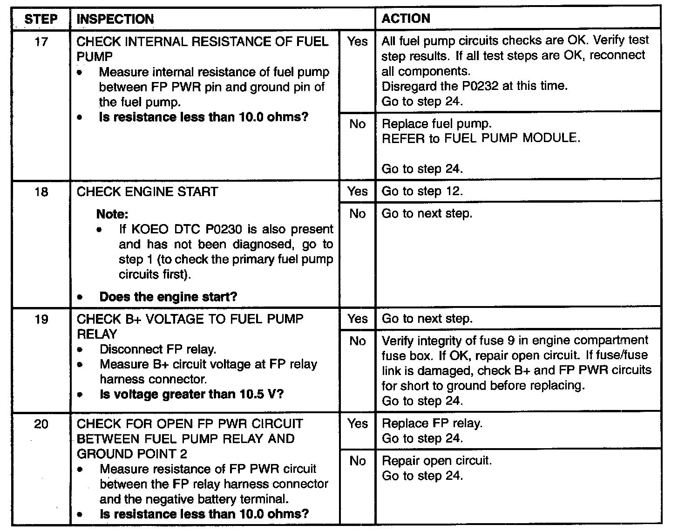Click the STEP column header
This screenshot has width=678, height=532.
(41, 19)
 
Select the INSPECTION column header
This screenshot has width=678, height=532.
(115, 19)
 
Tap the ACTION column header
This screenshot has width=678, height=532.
(406, 19)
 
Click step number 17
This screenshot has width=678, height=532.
(41, 42)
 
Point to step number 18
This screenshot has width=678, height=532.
(41, 192)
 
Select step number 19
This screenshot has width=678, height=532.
(41, 319)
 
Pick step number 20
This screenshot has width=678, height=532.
(41, 424)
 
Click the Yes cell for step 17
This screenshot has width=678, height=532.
(357, 41)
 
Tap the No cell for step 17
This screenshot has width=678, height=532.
(357, 124)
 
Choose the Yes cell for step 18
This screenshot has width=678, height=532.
(357, 191)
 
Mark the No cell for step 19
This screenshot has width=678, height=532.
(357, 341)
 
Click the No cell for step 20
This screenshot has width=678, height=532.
(357, 461)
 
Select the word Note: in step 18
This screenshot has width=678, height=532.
(112, 214)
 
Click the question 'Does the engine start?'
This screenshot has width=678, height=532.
(168, 297)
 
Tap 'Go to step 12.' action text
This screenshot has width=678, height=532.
(422, 191)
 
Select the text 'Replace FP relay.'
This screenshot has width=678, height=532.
(432, 423)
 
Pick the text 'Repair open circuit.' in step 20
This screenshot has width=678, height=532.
(437, 461)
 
